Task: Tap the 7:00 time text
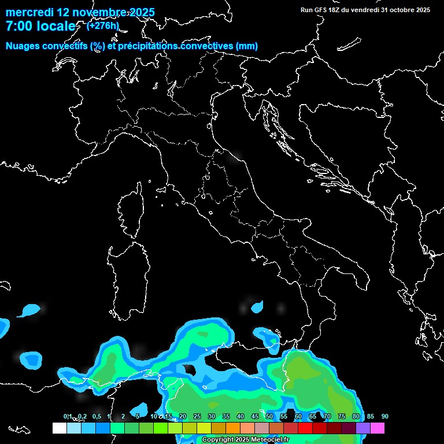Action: click(x=20, y=27)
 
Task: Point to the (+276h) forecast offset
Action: click(x=102, y=25)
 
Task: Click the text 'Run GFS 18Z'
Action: click(x=321, y=10)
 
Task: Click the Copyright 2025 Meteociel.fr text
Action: click(x=245, y=440)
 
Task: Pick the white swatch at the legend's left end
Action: click(x=59, y=428)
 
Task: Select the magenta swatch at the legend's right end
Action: click(x=377, y=428)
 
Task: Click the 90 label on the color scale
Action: click(x=384, y=417)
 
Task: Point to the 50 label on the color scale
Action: click(x=269, y=417)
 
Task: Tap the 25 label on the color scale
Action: click(x=197, y=417)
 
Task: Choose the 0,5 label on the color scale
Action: click(x=96, y=417)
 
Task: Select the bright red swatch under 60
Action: click(x=305, y=428)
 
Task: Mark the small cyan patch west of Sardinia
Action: click(x=29, y=310)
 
